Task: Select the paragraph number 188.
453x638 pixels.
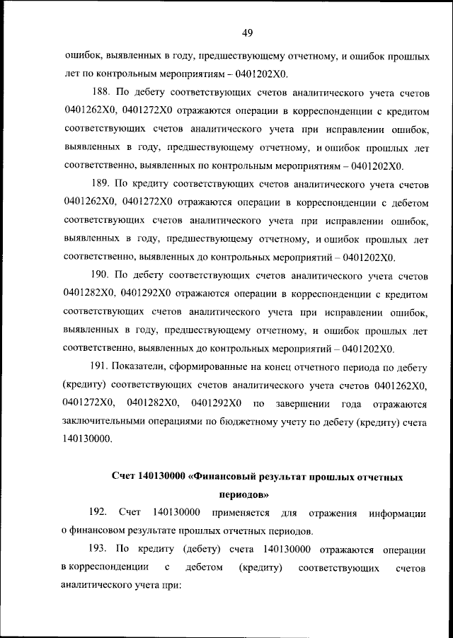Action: click(x=103, y=93)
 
